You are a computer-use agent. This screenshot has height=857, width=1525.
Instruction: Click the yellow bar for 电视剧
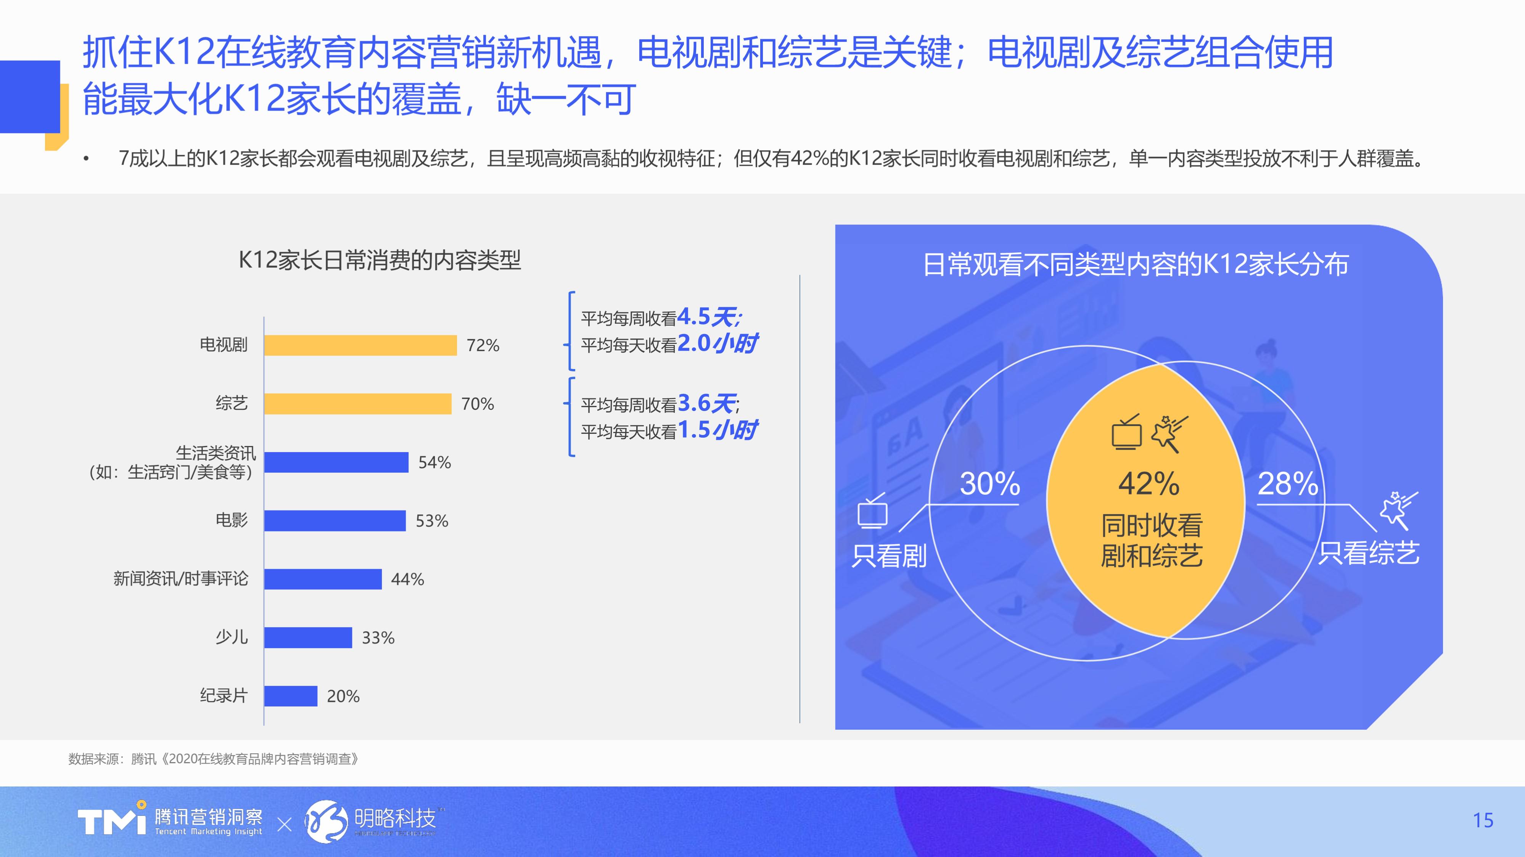[360, 345]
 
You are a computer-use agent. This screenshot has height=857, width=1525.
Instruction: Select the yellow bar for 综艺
[357, 404]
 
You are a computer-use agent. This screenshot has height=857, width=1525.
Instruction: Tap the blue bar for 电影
[335, 521]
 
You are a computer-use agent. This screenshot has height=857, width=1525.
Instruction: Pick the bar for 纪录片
[291, 696]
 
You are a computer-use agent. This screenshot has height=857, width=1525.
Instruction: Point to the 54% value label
[434, 462]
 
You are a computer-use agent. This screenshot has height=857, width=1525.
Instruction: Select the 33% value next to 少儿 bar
[378, 637]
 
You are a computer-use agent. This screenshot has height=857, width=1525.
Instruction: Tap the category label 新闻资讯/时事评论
[180, 578]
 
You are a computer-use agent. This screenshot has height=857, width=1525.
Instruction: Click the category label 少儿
[232, 637]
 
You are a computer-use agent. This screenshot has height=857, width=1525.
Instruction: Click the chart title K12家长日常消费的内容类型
[380, 260]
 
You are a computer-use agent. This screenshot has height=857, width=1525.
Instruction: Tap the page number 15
[1482, 820]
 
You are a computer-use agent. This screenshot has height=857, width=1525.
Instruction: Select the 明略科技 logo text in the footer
[395, 818]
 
